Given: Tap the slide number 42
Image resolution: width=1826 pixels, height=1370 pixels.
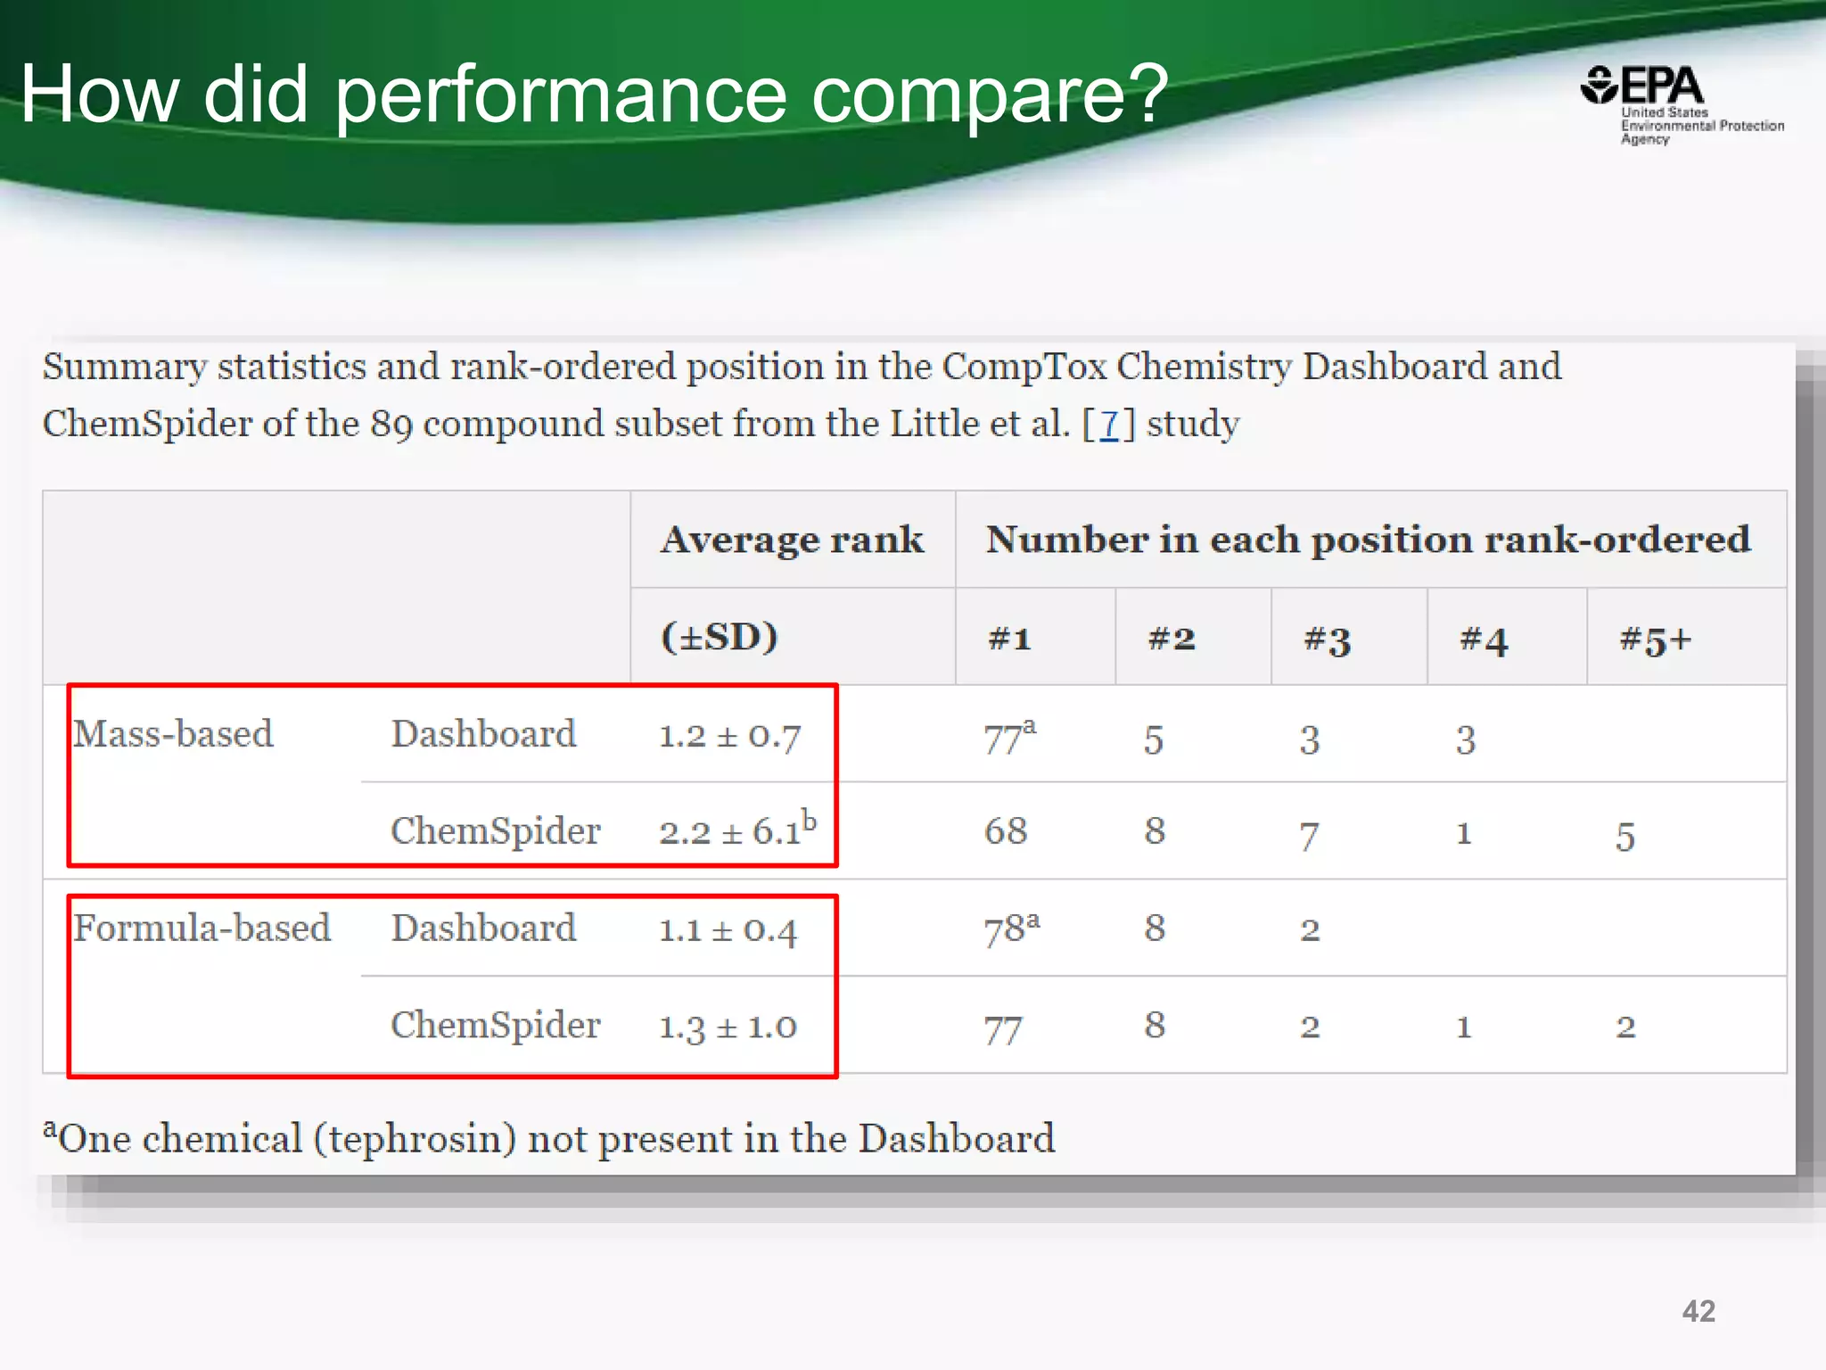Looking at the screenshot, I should coord(1699,1311).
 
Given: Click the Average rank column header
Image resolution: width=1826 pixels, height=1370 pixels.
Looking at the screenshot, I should coord(792,541).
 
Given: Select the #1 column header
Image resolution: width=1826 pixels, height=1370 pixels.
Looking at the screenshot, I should coord(1009,639).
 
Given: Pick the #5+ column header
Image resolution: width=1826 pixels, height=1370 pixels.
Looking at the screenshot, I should coord(1655,640).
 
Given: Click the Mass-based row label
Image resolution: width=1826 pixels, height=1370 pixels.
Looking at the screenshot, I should coord(173,734).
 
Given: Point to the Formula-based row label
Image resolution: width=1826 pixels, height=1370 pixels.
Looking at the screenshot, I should coord(202,928).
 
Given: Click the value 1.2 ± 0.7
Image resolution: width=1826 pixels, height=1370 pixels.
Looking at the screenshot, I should coord(729,737).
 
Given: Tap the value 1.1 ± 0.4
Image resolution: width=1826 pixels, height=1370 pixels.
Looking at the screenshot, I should coord(728,930).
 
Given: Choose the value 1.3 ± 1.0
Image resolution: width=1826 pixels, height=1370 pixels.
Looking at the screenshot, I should coord(728,1027).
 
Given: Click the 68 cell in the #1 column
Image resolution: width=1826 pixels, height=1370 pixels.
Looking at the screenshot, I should coord(1006,831).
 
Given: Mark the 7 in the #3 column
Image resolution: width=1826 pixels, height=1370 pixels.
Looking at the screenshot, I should coord(1308,836).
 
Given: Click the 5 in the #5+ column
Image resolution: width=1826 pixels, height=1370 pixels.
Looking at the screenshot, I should coord(1624,837).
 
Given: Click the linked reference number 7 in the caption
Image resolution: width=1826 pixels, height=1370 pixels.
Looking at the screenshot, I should coord(1108,424).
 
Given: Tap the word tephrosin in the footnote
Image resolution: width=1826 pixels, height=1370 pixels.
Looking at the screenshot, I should coord(420,1139).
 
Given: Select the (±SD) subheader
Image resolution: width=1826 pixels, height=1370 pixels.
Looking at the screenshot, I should coord(719,637).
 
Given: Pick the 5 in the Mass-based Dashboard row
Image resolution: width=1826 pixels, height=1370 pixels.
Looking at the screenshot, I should coord(1154,739).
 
